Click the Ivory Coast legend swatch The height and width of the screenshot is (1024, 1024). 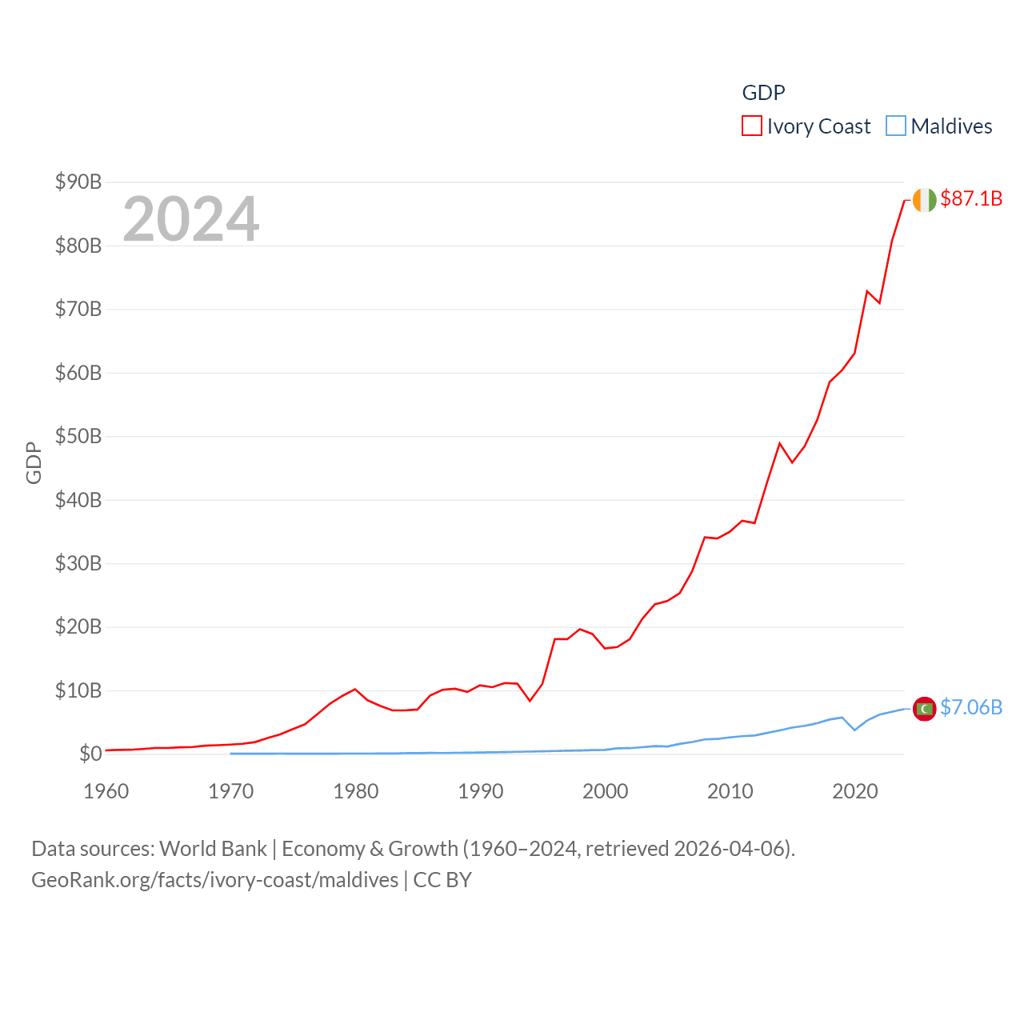(752, 126)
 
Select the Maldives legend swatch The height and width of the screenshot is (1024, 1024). (896, 126)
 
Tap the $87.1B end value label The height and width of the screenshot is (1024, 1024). (971, 198)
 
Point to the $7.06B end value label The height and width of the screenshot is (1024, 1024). (971, 707)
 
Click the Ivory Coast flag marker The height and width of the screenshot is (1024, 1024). (924, 200)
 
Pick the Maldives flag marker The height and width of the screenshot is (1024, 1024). (924, 709)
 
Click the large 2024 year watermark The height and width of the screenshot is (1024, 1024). (190, 219)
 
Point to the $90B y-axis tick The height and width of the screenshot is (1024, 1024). (78, 182)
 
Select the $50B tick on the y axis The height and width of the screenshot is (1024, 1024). (78, 437)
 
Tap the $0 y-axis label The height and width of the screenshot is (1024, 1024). (90, 754)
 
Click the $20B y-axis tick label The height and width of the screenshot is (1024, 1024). (78, 627)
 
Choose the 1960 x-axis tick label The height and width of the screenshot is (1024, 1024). (106, 792)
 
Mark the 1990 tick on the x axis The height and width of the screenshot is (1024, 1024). (481, 792)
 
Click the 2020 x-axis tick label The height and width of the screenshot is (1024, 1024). (855, 792)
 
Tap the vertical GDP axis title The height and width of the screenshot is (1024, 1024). (34, 462)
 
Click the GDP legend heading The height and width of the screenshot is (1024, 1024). (763, 93)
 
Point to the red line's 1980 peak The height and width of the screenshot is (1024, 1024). (355, 689)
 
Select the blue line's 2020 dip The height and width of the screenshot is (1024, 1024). (855, 730)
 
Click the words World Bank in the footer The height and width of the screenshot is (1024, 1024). (213, 849)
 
